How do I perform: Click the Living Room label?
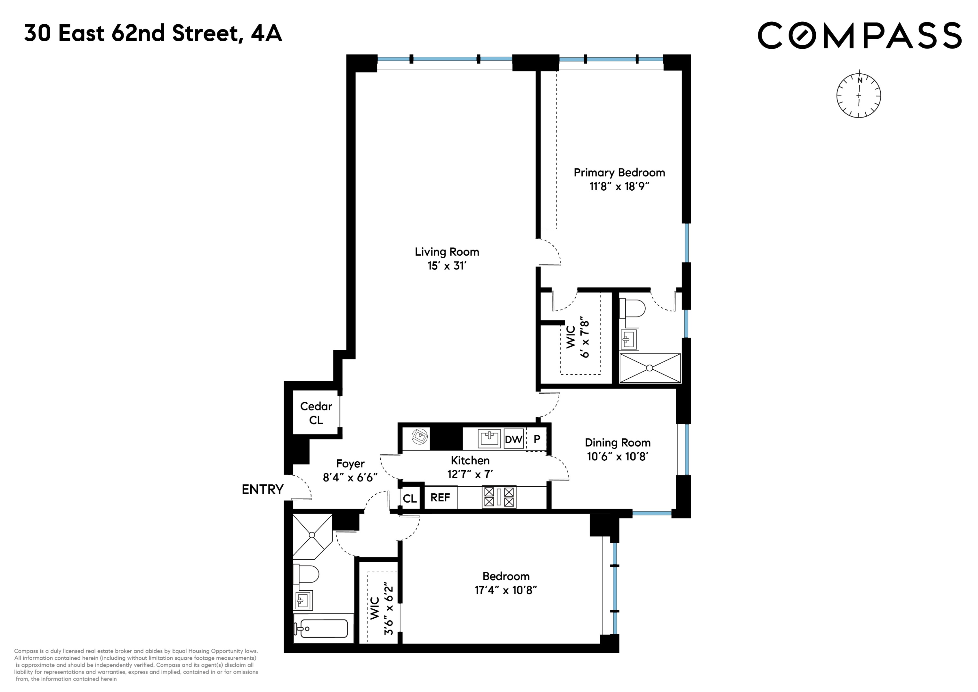pyautogui.click(x=447, y=252)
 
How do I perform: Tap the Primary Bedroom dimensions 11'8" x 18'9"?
pyautogui.click(x=619, y=187)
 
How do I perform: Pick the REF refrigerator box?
pyautogui.click(x=440, y=498)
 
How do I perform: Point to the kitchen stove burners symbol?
pyautogui.click(x=499, y=497)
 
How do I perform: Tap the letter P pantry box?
pyautogui.click(x=537, y=439)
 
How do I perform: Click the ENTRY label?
pyautogui.click(x=263, y=490)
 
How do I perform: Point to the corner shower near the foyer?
pyautogui.click(x=312, y=535)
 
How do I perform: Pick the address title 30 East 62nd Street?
pyautogui.click(x=153, y=33)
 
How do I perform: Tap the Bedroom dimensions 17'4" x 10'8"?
pyautogui.click(x=505, y=590)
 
